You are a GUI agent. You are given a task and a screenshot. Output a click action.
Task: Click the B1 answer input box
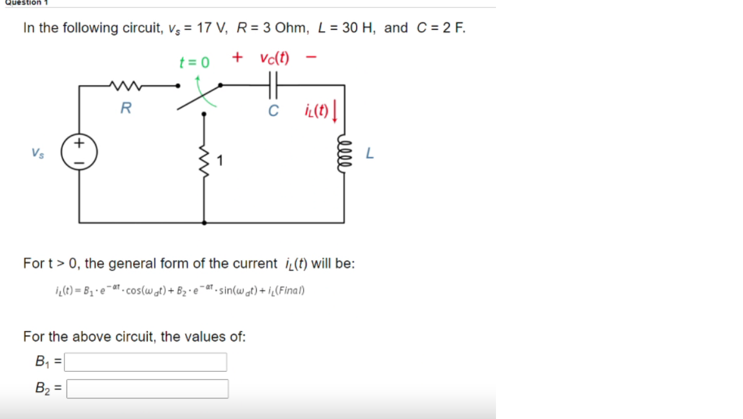[x=146, y=362]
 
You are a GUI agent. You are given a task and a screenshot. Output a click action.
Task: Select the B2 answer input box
[x=148, y=389]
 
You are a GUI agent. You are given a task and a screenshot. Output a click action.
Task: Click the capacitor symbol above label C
[x=273, y=85]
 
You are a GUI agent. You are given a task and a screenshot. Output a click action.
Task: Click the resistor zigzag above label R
[x=126, y=85]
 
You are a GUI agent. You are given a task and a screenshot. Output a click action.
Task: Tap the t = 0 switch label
[x=194, y=63]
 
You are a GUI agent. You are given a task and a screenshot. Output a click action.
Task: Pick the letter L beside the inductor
[x=370, y=154]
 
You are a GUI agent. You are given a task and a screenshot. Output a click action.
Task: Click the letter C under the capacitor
[x=273, y=110]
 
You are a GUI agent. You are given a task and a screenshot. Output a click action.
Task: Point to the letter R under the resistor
[x=126, y=108]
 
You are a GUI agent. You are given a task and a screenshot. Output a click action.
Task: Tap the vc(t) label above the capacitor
[x=275, y=58]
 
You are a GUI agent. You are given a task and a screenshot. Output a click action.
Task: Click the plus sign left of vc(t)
[x=237, y=57]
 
